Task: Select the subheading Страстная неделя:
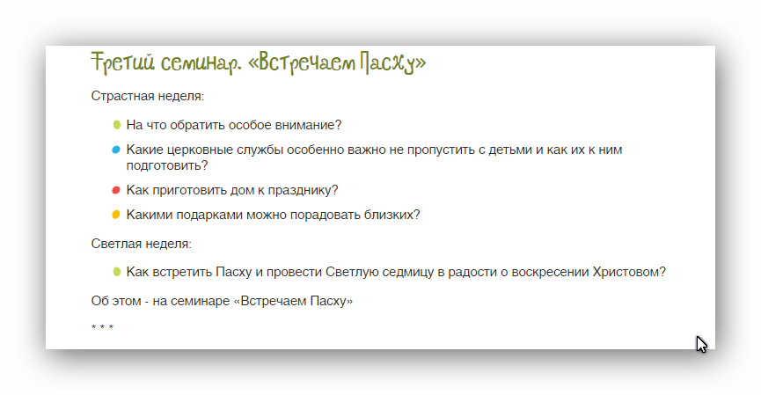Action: point(148,96)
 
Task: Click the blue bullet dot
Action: point(116,150)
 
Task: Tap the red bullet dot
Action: point(116,190)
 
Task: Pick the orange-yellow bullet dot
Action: point(116,215)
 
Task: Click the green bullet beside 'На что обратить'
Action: point(116,125)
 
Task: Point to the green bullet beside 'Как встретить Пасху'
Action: point(116,272)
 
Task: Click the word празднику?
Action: point(304,190)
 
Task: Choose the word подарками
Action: point(209,215)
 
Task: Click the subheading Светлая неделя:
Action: point(142,244)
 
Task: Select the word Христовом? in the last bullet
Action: point(629,272)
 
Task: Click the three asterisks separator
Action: point(102,328)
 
